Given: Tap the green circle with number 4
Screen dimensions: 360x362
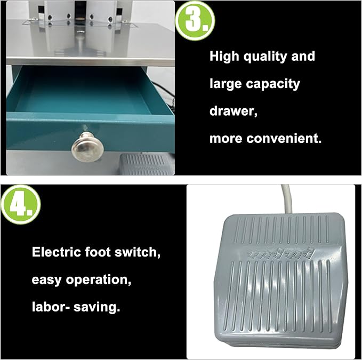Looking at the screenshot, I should point(21,205).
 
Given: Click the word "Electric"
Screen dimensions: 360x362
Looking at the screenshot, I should point(57,252).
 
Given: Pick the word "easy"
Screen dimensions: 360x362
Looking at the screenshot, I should point(46,279).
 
